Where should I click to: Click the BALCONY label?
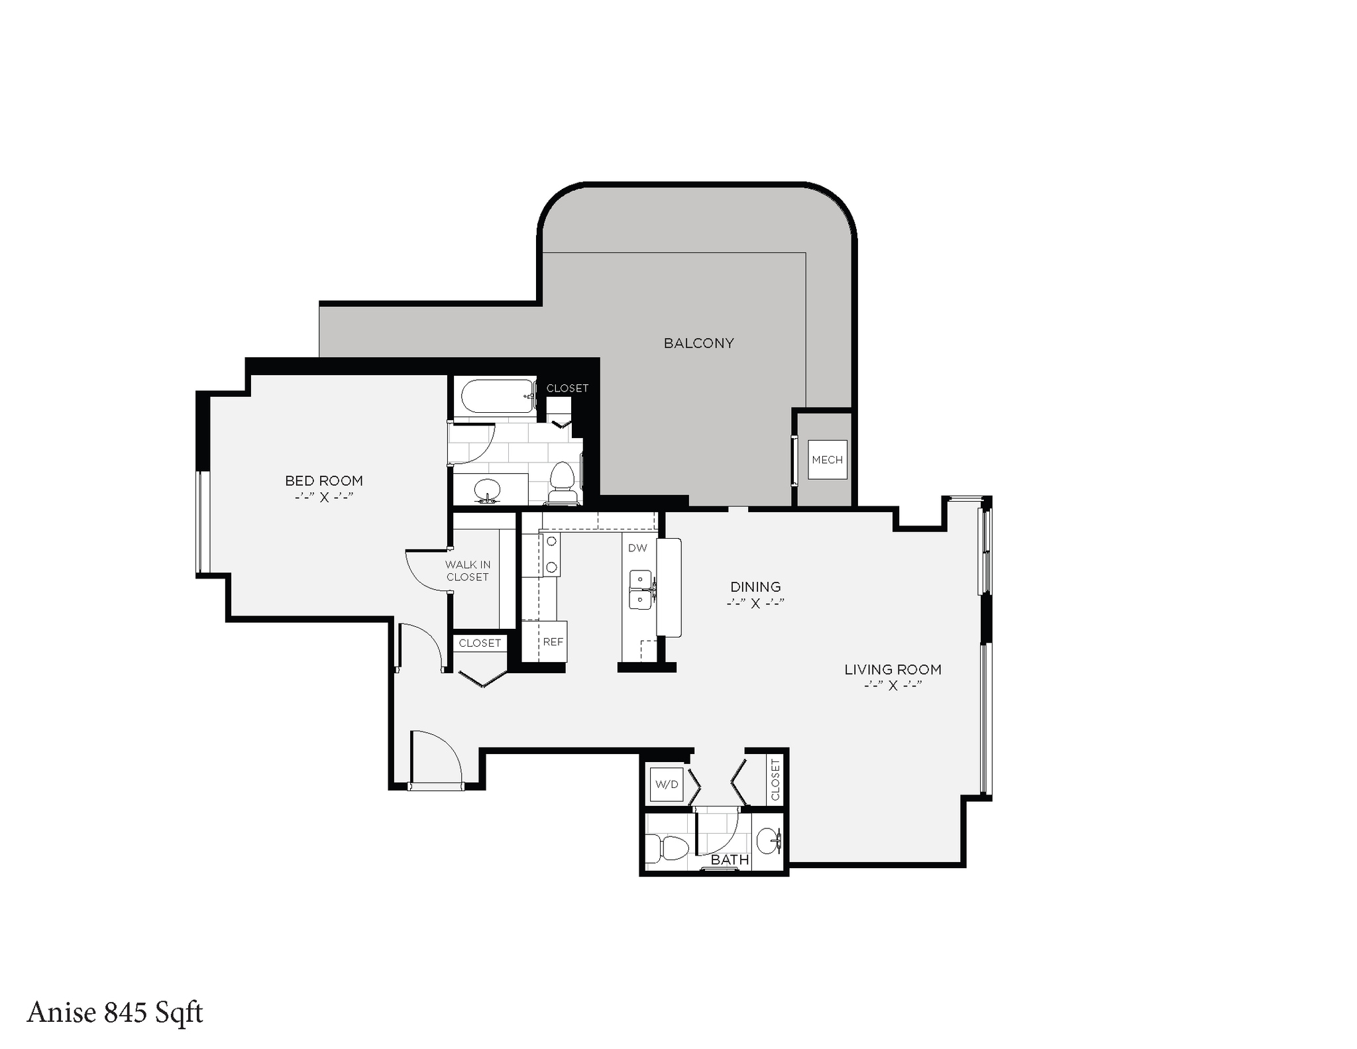pos(698,343)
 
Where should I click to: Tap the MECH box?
pos(827,460)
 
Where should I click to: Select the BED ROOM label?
pos(324,481)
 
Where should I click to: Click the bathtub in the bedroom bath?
pos(498,396)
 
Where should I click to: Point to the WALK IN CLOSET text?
pos(468,571)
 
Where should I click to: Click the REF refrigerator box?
pos(553,641)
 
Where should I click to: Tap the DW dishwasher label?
pos(637,548)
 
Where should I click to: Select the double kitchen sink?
pos(641,589)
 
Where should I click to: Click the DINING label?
pos(755,587)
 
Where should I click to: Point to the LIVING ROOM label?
pos(893,670)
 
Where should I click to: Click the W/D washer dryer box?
pos(667,785)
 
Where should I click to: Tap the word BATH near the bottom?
pos(730,859)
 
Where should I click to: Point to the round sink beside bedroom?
pos(488,490)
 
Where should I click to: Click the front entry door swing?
pos(434,759)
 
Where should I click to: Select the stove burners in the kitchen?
pos(551,555)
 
